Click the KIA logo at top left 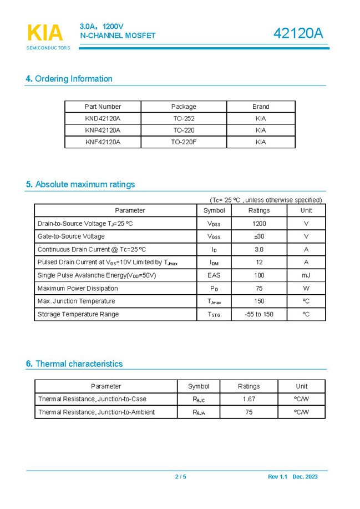(45, 33)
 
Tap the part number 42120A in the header (298, 33)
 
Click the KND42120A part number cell (103, 118)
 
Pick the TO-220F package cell (184, 142)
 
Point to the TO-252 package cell (184, 118)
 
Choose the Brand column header (261, 107)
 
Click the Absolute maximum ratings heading (80, 184)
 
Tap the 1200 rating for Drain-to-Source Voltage (259, 224)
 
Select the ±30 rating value (259, 236)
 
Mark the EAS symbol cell (214, 275)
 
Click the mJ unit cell (306, 275)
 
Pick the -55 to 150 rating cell (259, 314)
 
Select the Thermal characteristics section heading (74, 364)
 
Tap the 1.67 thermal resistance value (249, 399)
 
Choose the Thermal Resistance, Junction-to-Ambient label (97, 412)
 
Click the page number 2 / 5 (180, 477)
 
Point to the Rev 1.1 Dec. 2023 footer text (293, 477)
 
